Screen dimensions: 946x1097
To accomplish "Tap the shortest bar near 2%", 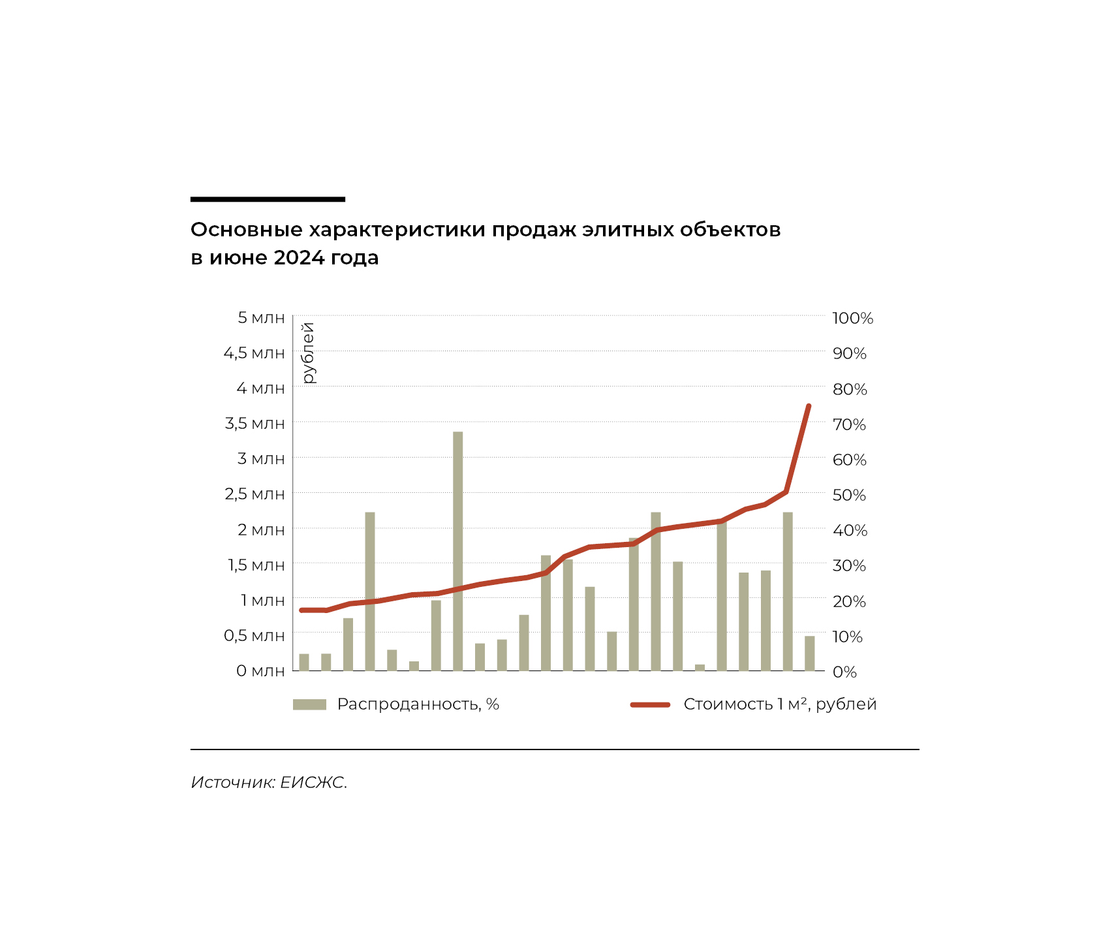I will (700, 667).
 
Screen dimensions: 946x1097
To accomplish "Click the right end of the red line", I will (809, 407).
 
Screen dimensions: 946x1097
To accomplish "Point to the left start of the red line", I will (301, 610).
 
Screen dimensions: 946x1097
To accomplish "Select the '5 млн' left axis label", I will (261, 318).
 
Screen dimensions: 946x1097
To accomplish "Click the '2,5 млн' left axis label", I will (255, 494).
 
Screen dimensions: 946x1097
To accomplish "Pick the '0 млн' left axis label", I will (260, 671).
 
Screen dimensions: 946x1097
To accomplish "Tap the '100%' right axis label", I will (852, 319).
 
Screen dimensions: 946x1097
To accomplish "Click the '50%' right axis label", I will (849, 495).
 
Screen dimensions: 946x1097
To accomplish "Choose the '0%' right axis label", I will (844, 672).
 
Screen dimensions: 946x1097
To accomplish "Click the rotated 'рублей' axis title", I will (309, 353).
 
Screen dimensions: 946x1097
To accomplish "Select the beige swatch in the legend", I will (309, 704).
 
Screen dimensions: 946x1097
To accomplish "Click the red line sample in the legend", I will (650, 704).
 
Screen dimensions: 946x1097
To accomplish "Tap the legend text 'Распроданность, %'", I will (418, 704).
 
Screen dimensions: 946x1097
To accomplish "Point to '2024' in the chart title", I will (299, 258).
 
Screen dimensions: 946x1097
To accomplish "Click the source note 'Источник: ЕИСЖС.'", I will (269, 782).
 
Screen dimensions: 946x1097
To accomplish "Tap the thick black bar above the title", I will (268, 199).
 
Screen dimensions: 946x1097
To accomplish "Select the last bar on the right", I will (809, 653).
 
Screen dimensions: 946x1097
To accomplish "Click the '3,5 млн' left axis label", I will (255, 424).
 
